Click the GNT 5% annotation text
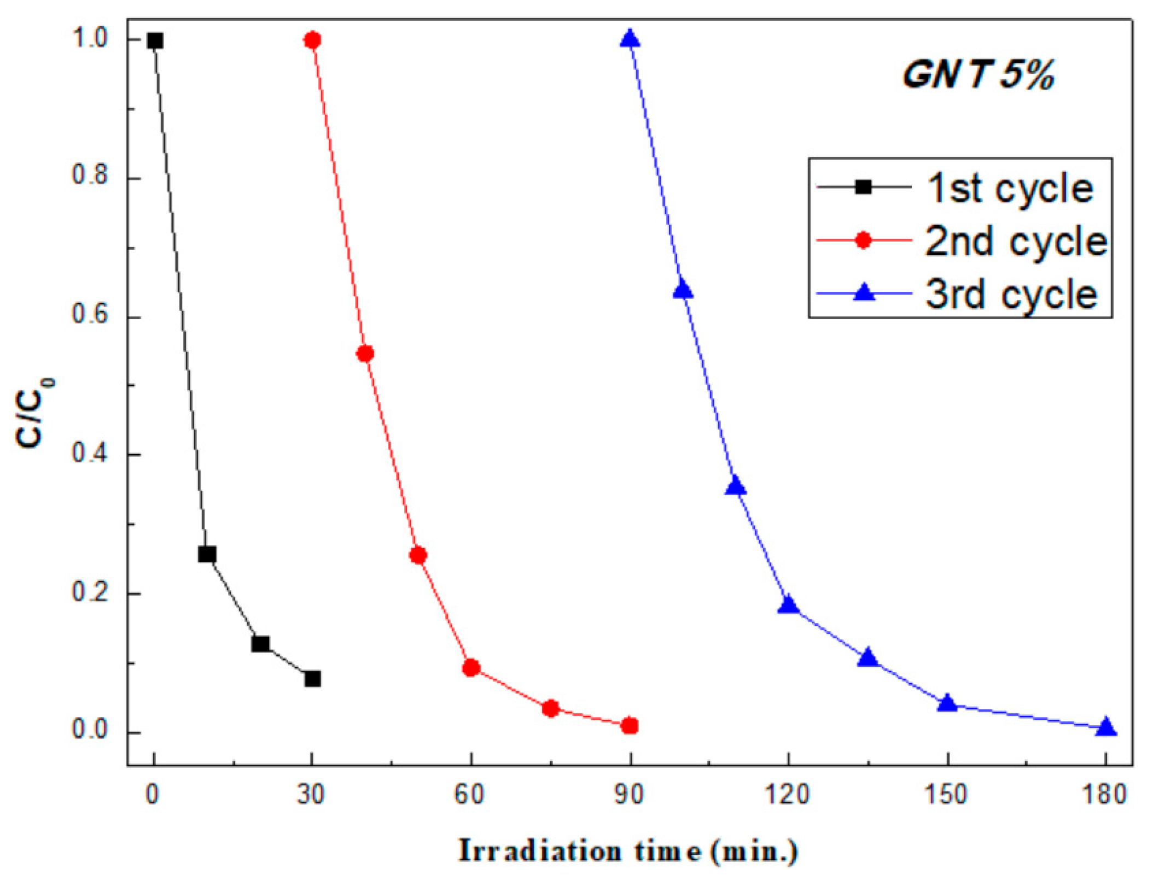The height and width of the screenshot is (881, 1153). (977, 75)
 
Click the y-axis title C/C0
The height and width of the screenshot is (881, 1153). (34, 413)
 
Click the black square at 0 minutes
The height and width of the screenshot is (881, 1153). (155, 40)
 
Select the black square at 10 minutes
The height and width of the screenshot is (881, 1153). (207, 554)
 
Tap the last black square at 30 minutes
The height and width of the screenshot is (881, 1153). (312, 679)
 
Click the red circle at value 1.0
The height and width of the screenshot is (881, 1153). (312, 40)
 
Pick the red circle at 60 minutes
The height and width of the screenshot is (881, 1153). (471, 668)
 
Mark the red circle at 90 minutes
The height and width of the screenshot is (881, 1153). (630, 726)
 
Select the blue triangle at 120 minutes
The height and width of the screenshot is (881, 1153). (788, 605)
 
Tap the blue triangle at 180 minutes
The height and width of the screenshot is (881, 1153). (1106, 727)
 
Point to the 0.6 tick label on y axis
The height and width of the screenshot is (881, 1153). (90, 315)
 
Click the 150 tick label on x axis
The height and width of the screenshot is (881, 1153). (946, 794)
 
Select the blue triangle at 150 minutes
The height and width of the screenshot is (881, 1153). (947, 703)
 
